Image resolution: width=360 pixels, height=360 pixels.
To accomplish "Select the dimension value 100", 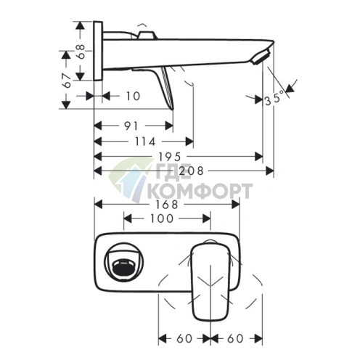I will click(161, 218).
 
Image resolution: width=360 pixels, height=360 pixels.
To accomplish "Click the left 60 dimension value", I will click(184, 337).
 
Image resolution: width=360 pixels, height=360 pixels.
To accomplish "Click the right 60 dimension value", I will click(235, 337).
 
